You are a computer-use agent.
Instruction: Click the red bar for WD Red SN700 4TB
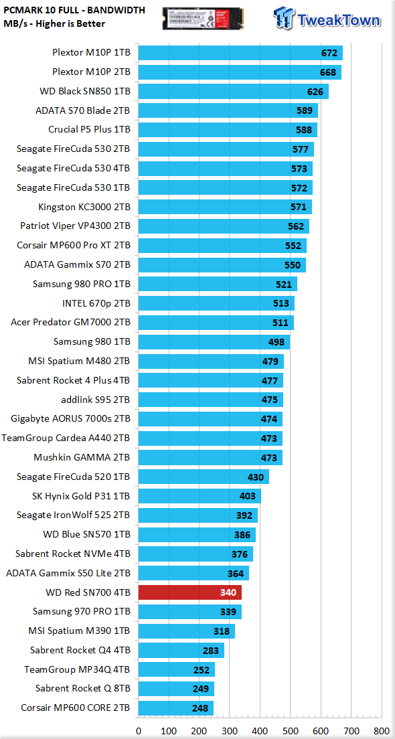[190, 592]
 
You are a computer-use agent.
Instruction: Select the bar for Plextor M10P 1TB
[240, 54]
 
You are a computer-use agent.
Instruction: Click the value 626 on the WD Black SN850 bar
[315, 92]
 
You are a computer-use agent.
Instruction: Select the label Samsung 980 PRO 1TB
[82, 284]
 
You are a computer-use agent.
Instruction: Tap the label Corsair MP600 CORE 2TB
[76, 708]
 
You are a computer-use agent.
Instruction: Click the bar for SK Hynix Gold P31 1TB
[200, 496]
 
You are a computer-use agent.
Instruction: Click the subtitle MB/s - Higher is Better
[54, 23]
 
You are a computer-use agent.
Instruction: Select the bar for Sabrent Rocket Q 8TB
[176, 689]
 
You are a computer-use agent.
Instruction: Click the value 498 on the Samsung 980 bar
[276, 341]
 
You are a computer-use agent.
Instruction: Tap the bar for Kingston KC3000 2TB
[226, 207]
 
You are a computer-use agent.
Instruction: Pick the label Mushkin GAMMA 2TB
[82, 457]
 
